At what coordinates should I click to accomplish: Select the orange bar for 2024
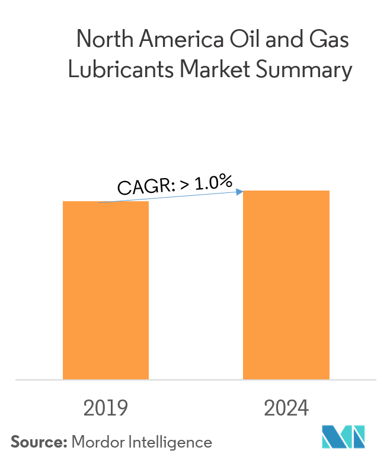tap(286, 284)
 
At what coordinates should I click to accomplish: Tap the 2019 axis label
tap(106, 408)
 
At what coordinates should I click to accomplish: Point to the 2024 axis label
tap(286, 408)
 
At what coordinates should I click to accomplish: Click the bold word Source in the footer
tap(38, 442)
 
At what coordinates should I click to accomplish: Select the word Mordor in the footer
tap(94, 442)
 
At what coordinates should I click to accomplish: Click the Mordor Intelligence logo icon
tap(343, 437)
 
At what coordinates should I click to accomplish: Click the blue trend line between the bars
tap(172, 196)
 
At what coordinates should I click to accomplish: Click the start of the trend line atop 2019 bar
tap(101, 202)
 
